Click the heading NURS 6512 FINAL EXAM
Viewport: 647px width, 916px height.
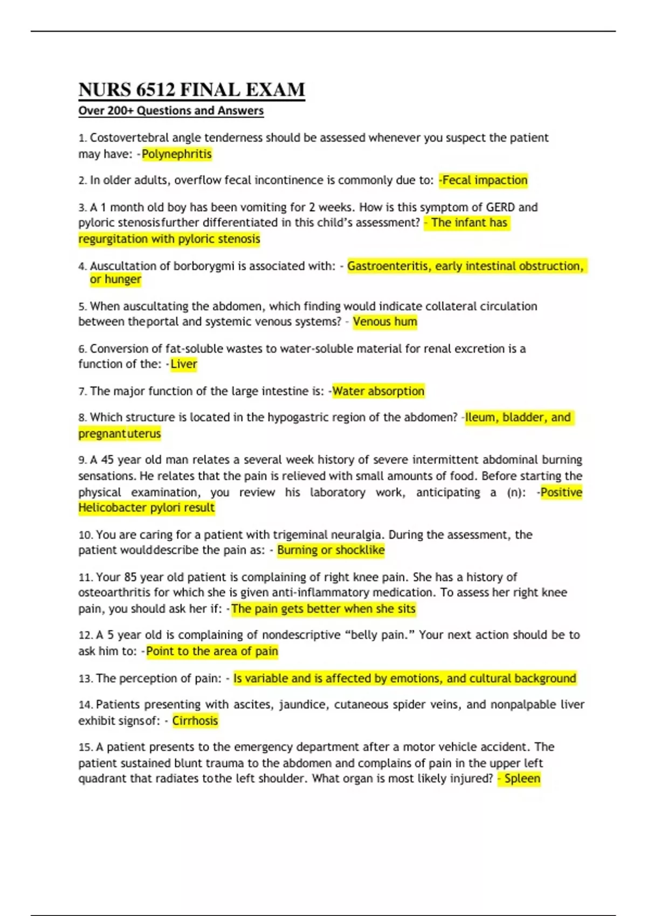tap(191, 89)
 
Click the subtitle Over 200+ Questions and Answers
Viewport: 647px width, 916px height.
tap(171, 111)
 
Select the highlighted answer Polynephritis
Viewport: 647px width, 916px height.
tap(177, 154)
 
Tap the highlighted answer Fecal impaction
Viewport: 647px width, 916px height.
tap(484, 180)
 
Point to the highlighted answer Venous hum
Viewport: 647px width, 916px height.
tap(385, 322)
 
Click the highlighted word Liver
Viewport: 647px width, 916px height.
tap(184, 364)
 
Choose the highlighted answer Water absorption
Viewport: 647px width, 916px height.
tap(378, 391)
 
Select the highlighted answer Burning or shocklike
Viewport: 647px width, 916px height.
tap(331, 550)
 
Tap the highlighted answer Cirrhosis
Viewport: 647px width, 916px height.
tap(195, 721)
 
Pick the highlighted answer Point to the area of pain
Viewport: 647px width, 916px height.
tap(212, 651)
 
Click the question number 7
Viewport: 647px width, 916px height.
tap(82, 392)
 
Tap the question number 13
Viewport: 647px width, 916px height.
tap(85, 679)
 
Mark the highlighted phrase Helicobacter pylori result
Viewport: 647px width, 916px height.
tap(147, 508)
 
